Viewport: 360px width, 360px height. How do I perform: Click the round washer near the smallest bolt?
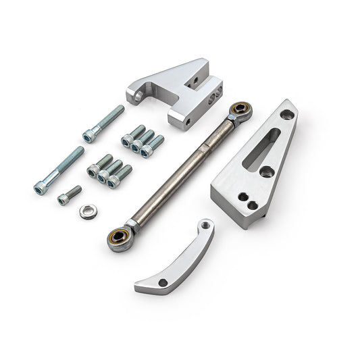[86, 211]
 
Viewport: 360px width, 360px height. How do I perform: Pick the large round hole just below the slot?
[265, 172]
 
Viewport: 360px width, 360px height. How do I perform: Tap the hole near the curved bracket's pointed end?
[162, 283]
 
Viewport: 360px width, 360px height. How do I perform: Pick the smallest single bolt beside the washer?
[69, 195]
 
